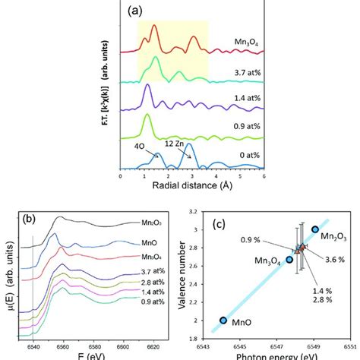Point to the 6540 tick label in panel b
tap(33, 345)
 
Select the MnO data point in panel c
tap(223, 321)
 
